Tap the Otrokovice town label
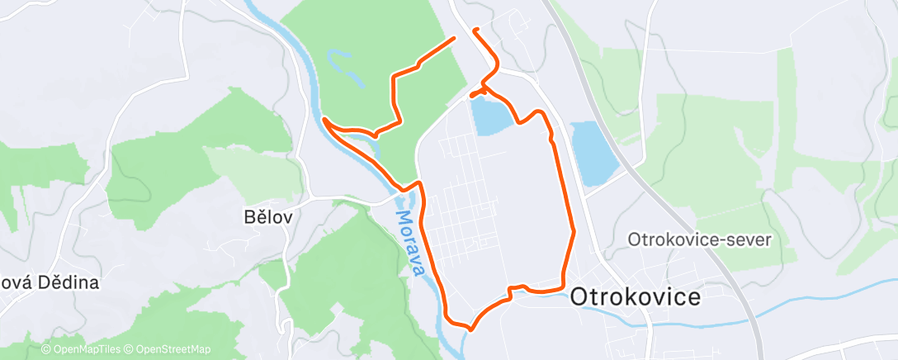636,297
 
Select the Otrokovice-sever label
699,240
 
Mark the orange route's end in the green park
454,38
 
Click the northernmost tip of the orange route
475,30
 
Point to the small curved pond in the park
347,69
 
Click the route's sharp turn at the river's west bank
324,120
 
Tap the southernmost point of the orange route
469,328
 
